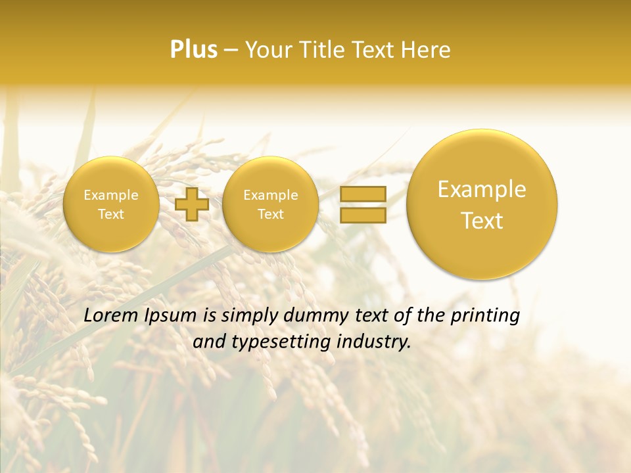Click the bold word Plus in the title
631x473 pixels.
pyautogui.click(x=193, y=49)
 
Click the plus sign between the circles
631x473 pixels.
pyautogui.click(x=192, y=204)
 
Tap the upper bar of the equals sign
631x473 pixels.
pyautogui.click(x=362, y=194)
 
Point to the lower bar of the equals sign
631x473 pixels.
pyautogui.click(x=362, y=215)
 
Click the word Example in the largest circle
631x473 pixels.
pyautogui.click(x=482, y=189)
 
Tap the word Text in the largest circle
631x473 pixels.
pyautogui.click(x=482, y=221)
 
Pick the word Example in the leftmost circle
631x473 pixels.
pyautogui.click(x=111, y=195)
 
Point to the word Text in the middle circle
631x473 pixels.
pyautogui.click(x=270, y=214)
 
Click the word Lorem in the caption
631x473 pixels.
pyautogui.click(x=110, y=315)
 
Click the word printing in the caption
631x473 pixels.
pyautogui.click(x=485, y=316)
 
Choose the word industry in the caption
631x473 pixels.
pyautogui.click(x=373, y=342)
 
